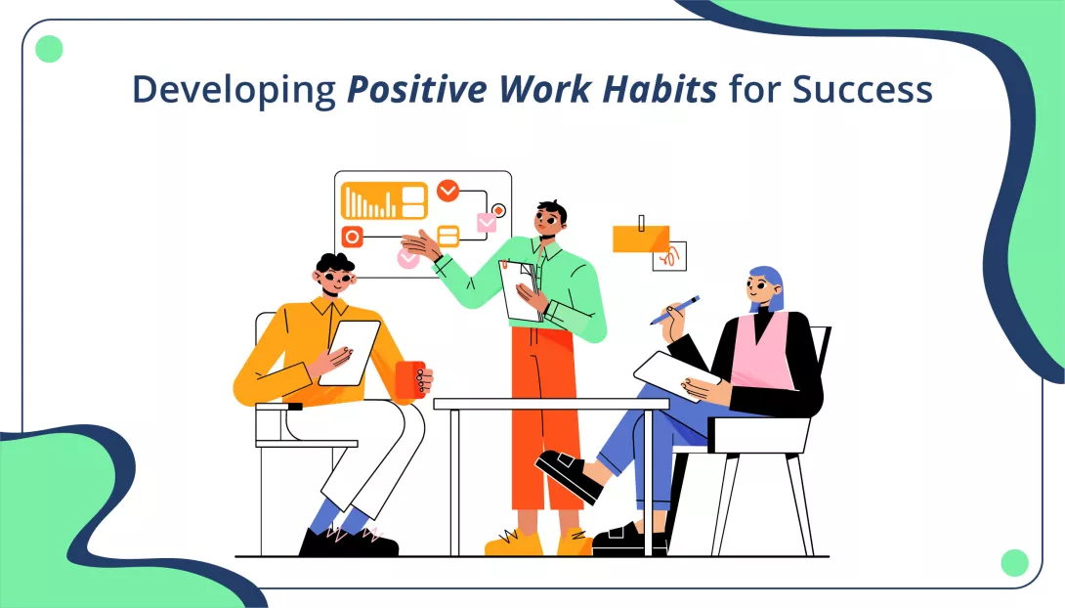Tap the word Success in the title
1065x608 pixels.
click(x=862, y=90)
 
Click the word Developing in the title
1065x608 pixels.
click(x=234, y=90)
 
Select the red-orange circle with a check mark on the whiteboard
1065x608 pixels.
click(x=447, y=191)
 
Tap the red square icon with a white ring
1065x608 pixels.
click(x=353, y=236)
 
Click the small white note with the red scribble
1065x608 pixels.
click(x=671, y=257)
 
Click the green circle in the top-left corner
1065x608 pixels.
click(x=49, y=49)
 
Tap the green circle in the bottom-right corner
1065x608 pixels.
click(x=1015, y=562)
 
